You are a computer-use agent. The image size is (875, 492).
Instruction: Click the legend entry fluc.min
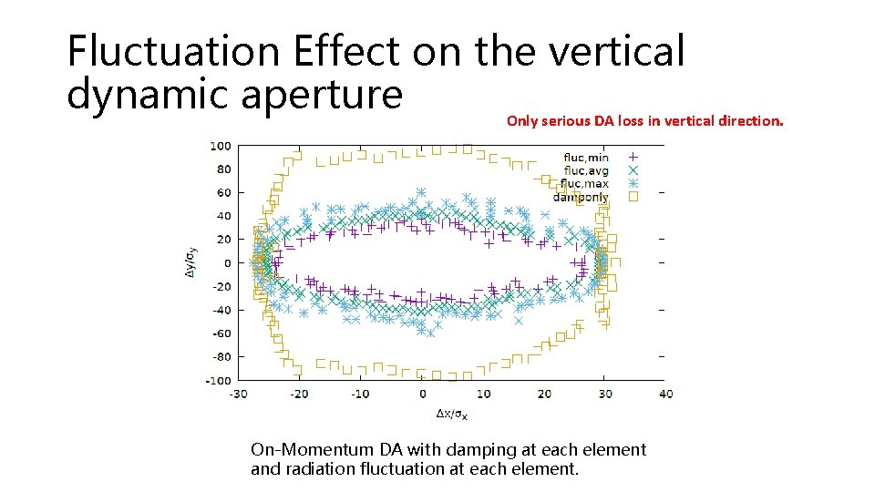pos(586,157)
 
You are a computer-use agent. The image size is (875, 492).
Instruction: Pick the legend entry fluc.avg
pos(586,170)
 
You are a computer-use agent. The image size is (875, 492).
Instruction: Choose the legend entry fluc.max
pos(586,183)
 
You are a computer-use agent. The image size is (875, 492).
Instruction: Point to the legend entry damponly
pos(581,197)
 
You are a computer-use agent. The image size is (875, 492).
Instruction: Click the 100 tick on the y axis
pos(220,146)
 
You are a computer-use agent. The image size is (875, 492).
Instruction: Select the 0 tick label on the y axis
pos(228,263)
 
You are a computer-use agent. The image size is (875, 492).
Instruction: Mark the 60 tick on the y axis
pos(223,192)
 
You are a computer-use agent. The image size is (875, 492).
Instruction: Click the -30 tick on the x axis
pos(238,394)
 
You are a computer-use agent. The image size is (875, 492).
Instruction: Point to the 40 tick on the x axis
pos(665,394)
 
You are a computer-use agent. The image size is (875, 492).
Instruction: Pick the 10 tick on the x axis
pos(483,394)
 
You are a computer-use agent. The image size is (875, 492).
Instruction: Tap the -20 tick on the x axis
pos(299,394)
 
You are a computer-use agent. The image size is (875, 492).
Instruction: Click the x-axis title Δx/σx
pos(451,414)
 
